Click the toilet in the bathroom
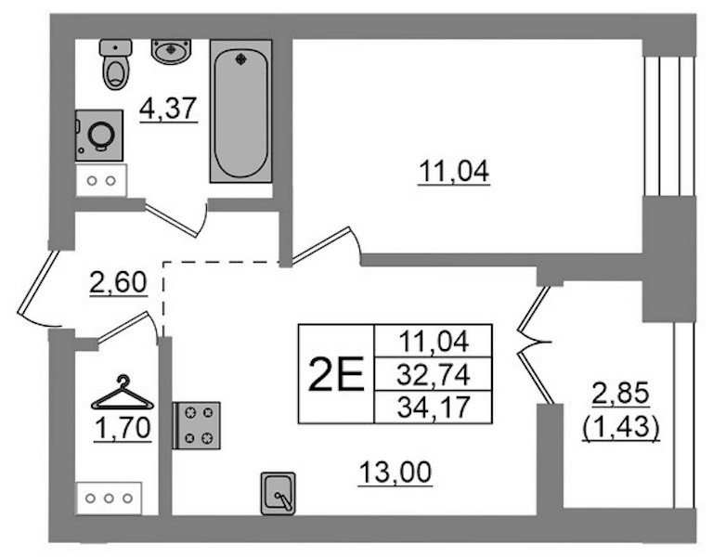click(x=116, y=64)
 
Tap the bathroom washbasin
click(x=171, y=51)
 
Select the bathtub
click(x=240, y=111)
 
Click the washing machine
click(x=99, y=135)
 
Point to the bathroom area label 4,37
click(x=168, y=110)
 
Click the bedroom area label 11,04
click(x=454, y=173)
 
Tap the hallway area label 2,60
click(x=118, y=282)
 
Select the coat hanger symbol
click(x=123, y=393)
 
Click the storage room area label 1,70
click(x=123, y=429)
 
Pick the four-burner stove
click(x=197, y=425)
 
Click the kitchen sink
click(x=279, y=494)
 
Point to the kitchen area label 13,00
click(x=395, y=473)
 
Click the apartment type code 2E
click(x=336, y=374)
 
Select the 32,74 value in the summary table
click(x=433, y=375)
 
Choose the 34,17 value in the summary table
click(x=433, y=408)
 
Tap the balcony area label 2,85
click(x=621, y=394)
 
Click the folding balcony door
click(x=535, y=344)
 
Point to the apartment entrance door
click(x=39, y=289)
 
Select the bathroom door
click(x=176, y=220)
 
